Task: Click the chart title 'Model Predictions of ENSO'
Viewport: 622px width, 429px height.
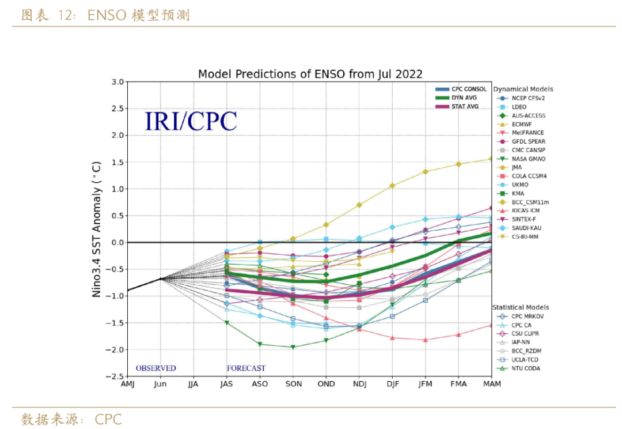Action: point(310,74)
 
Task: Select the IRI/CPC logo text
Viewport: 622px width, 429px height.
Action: point(190,121)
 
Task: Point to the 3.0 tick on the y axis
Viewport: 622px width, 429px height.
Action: point(117,82)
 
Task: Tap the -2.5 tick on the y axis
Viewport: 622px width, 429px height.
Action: point(115,377)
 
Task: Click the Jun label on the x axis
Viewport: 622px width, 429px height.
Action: point(160,384)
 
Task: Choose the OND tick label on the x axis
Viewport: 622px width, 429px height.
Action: point(326,384)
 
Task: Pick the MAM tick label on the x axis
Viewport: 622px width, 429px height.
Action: point(491,384)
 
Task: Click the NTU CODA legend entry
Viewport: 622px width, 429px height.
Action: point(525,368)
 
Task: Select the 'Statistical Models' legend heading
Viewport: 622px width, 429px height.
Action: point(521,307)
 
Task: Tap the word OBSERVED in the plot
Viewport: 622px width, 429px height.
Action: point(155,368)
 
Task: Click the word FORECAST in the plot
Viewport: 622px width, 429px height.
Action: point(246,368)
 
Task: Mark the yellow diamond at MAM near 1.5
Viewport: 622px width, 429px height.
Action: point(491,159)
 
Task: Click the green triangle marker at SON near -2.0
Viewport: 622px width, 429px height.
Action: point(293,347)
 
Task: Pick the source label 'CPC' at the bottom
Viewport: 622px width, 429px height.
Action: point(109,419)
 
